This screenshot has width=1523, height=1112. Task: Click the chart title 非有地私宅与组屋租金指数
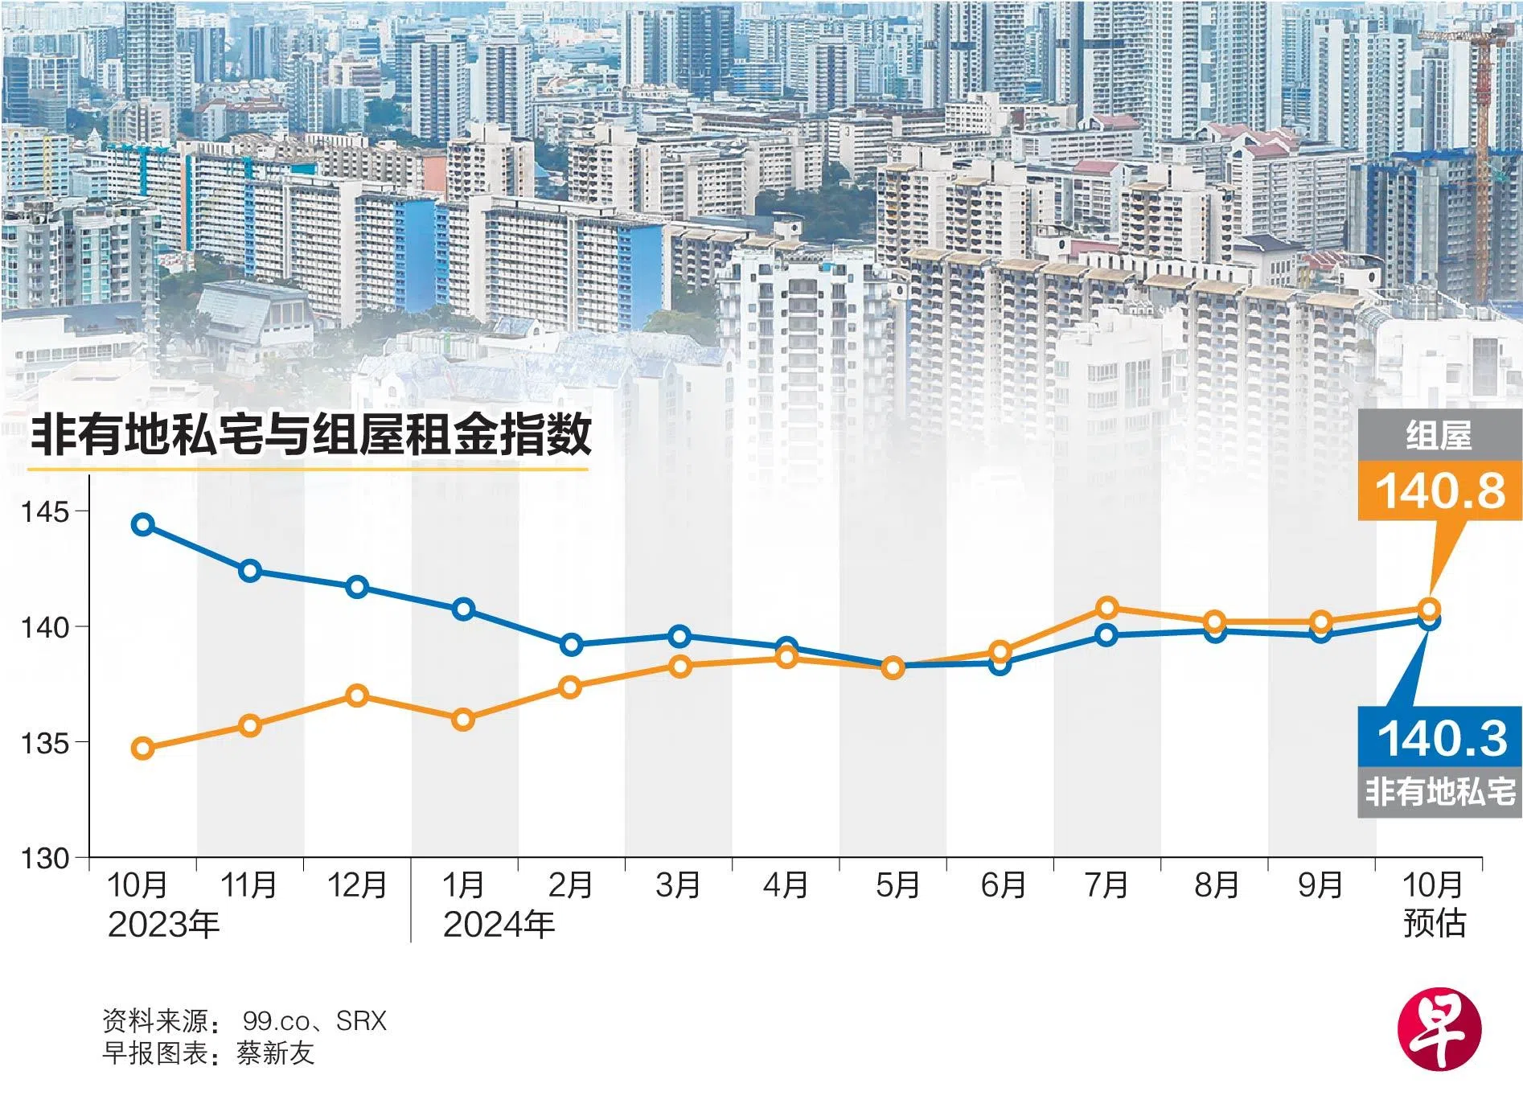coord(310,435)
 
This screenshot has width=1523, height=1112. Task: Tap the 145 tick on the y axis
coord(47,512)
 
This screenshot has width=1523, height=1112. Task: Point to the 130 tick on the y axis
coord(47,858)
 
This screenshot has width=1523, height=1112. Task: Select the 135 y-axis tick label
coord(47,743)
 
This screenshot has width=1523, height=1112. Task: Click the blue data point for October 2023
coord(142,525)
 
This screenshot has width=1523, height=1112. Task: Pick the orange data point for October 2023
coord(142,749)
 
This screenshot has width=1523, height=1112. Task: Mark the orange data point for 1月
coord(463,720)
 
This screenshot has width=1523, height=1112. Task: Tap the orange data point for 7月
coord(1107,607)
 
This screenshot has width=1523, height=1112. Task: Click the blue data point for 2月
coord(571,644)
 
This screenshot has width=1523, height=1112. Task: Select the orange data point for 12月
coord(357,696)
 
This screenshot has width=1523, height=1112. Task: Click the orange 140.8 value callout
coord(1439,490)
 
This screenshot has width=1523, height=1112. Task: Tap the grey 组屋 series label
coord(1439,437)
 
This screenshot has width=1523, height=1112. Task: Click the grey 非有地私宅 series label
coord(1439,793)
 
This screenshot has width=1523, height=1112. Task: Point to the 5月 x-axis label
coord(897,885)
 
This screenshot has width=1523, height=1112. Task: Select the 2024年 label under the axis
coord(499,925)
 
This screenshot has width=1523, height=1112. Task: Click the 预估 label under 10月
coord(1434,924)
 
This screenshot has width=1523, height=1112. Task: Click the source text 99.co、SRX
coord(314,1021)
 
